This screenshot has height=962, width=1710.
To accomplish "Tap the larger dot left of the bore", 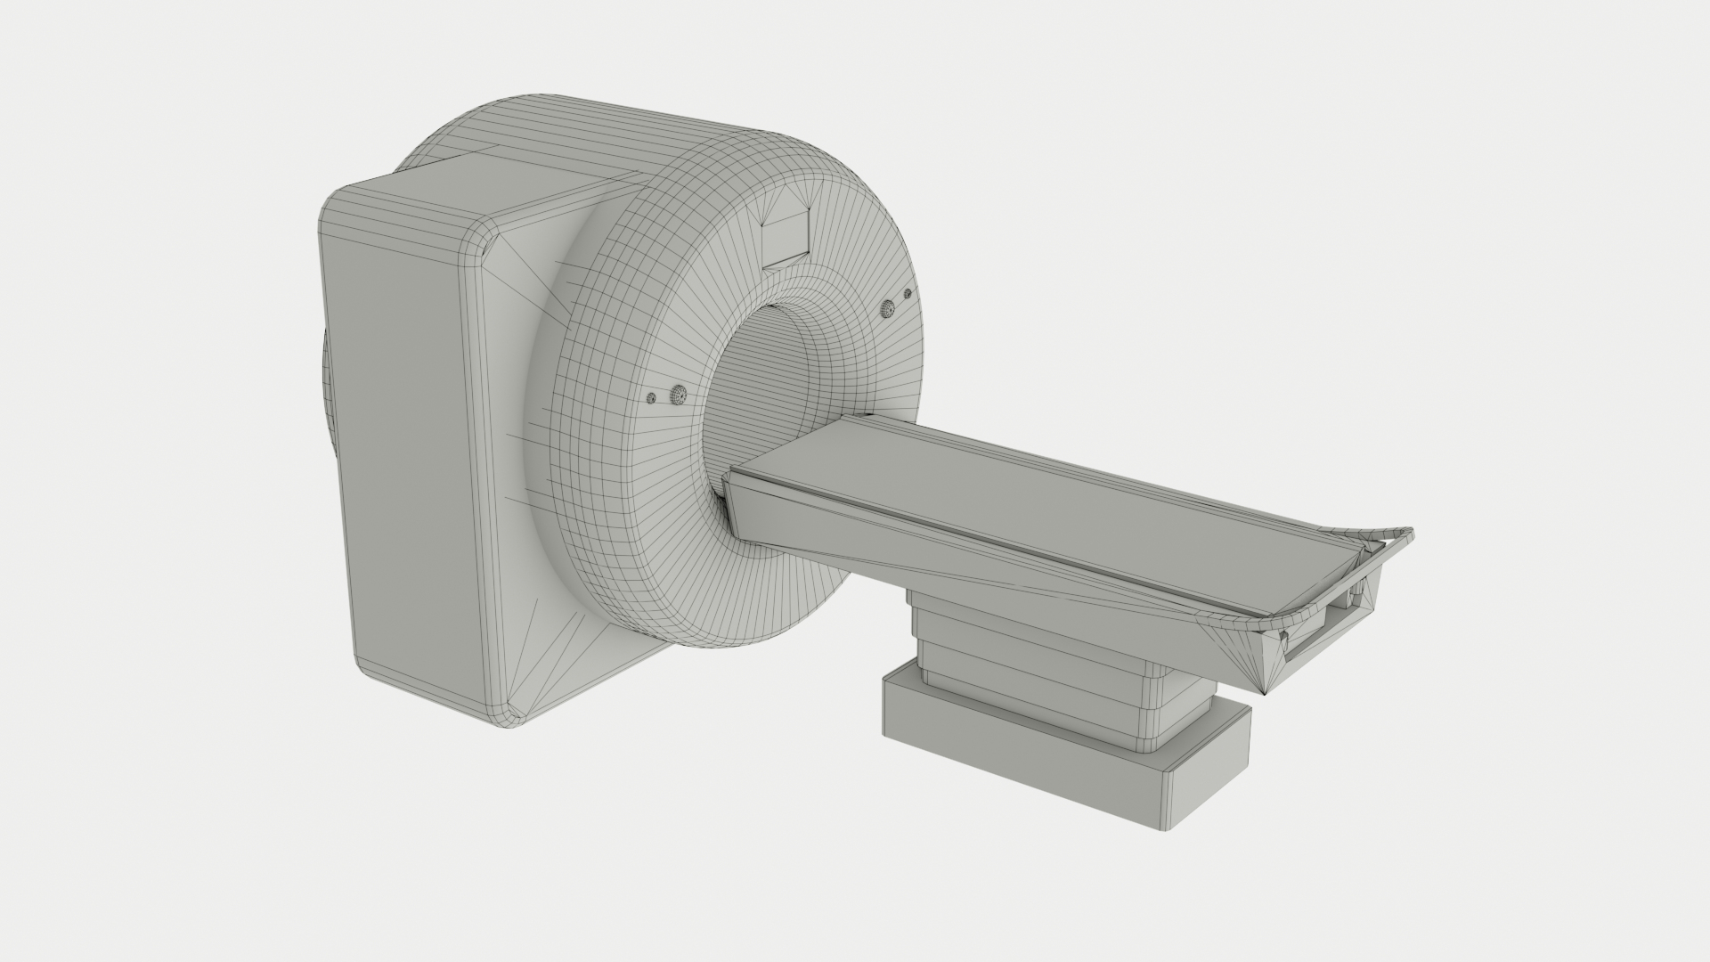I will point(680,393).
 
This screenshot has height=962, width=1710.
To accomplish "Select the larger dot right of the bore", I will point(887,308).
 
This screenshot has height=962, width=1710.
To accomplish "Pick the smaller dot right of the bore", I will point(908,294).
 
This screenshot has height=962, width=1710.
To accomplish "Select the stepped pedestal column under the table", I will point(1033,650).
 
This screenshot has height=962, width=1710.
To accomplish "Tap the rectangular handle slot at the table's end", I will point(1318,632).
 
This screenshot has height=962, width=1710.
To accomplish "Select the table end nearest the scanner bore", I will point(739,499).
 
